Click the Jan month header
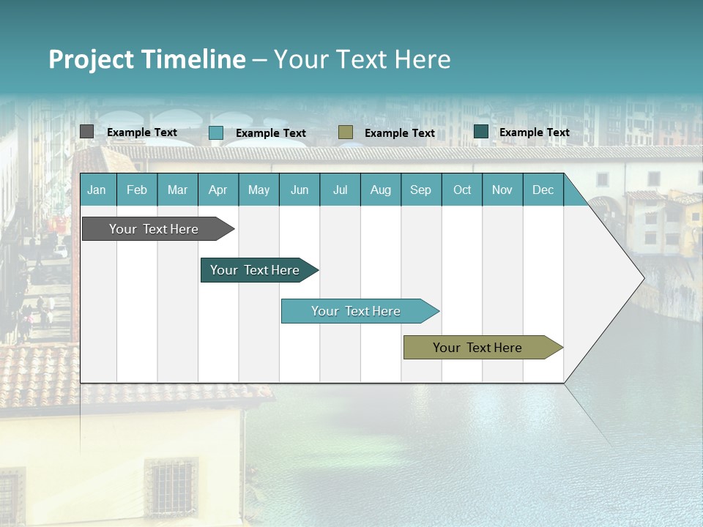(97, 190)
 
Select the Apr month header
(217, 190)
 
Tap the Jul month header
(340, 190)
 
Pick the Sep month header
(420, 190)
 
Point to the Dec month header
(543, 190)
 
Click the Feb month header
(137, 190)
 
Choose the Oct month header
(462, 190)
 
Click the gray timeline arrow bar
(154, 229)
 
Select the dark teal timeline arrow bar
(255, 270)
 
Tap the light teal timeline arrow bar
(356, 311)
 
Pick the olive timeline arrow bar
(477, 348)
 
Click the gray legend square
(86, 132)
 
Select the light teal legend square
(216, 132)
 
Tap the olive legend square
(346, 132)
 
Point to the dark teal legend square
(481, 132)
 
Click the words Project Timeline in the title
(147, 59)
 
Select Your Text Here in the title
(362, 59)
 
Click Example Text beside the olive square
(400, 133)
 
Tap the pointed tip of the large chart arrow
(642, 277)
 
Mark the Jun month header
(300, 190)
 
